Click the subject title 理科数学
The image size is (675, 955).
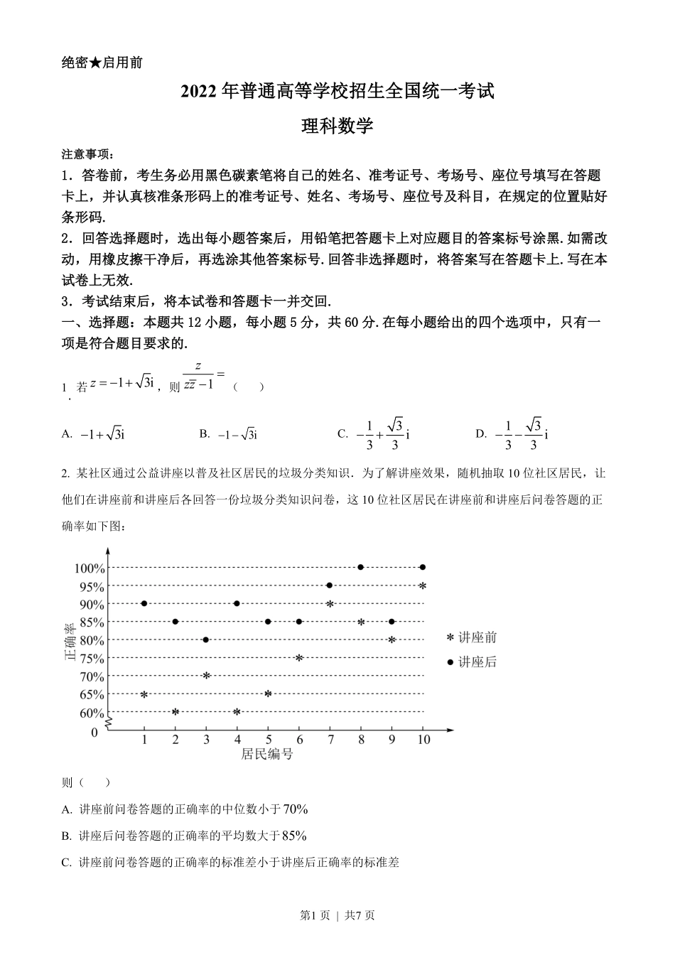pos(337,126)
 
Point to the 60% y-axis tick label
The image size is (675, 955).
pos(92,713)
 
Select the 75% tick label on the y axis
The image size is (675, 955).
pos(92,659)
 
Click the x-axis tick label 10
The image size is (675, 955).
pos(423,740)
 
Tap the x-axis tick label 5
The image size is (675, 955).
pos(268,740)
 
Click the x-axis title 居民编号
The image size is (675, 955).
pos(267,755)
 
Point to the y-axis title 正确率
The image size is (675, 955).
pos(70,642)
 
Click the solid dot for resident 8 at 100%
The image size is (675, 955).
pos(361,567)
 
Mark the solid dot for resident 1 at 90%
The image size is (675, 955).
pos(144,603)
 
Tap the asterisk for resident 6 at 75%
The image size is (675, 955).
pos(299,657)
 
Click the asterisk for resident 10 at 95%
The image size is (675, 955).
pos(423,586)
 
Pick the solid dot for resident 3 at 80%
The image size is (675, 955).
pos(206,640)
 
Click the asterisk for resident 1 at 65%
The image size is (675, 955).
pos(144,694)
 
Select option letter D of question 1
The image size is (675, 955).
pos(481,434)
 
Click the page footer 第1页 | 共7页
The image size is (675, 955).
pos(337,916)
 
